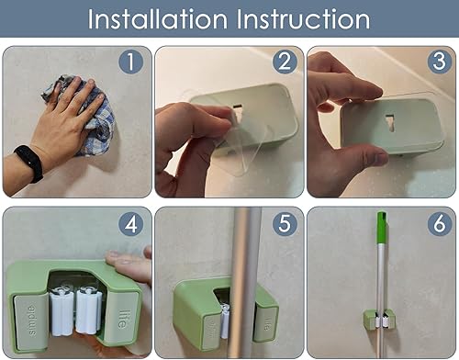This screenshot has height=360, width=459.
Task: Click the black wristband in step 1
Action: tap(28, 163)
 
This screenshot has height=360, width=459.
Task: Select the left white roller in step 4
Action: tap(64, 309)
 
